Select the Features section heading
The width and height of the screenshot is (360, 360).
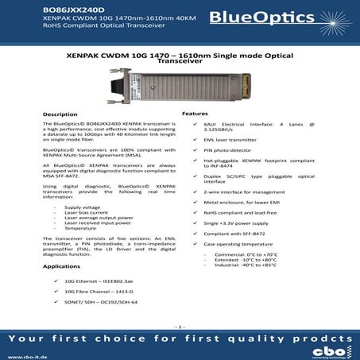(x=195, y=114)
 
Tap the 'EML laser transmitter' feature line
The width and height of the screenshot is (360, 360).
(x=225, y=139)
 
